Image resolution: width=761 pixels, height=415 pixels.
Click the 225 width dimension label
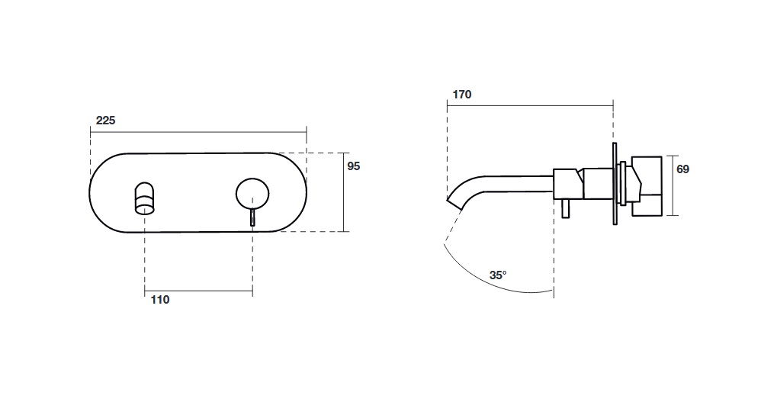[105, 121]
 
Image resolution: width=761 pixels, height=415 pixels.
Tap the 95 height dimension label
[354, 166]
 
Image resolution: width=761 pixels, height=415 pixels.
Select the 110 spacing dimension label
[160, 300]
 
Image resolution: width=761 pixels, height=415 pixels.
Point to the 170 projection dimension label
[462, 94]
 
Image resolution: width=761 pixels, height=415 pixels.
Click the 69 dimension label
[682, 169]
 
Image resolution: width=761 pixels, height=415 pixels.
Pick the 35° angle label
[498, 275]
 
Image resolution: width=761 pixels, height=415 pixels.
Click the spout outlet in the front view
[145, 198]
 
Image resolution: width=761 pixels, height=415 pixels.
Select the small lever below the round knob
[252, 217]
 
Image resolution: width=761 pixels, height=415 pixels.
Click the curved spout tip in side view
[454, 200]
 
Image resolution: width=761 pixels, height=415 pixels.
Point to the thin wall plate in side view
[615, 184]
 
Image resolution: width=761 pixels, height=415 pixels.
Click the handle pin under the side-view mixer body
[565, 209]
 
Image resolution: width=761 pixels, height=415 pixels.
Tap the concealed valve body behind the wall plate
[647, 186]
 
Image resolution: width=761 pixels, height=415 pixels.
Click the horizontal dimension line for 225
[198, 131]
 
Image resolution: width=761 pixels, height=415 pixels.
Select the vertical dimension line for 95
[344, 192]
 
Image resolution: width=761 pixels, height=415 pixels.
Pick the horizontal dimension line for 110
[198, 291]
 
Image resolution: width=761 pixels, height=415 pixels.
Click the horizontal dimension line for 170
[530, 105]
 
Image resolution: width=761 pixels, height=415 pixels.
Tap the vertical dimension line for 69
[673, 185]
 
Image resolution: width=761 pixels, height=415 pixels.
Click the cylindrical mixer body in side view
[583, 184]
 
